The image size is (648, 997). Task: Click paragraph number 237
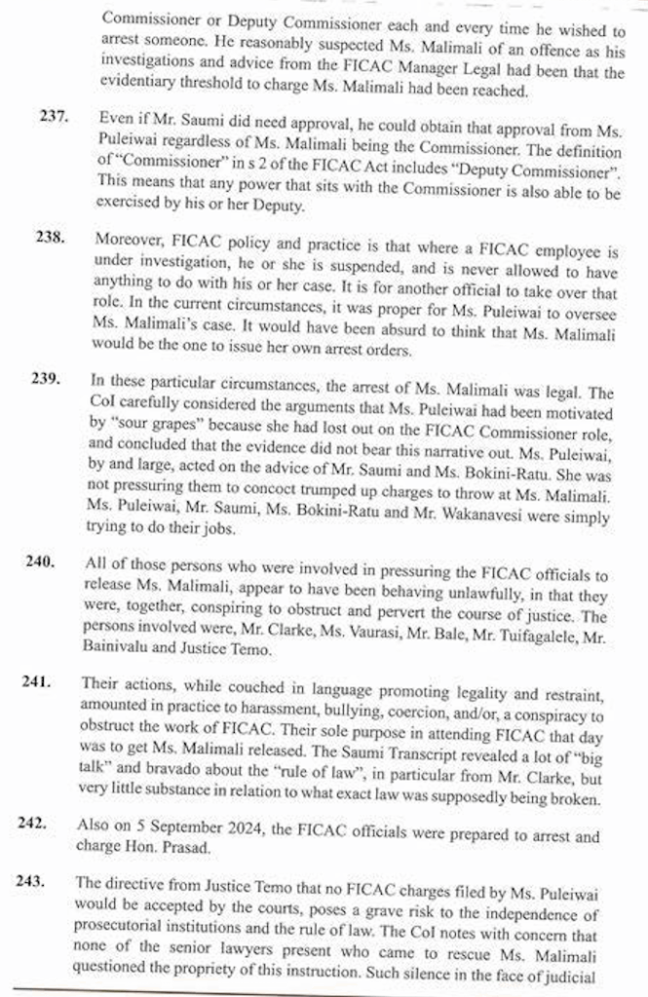click(x=54, y=116)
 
